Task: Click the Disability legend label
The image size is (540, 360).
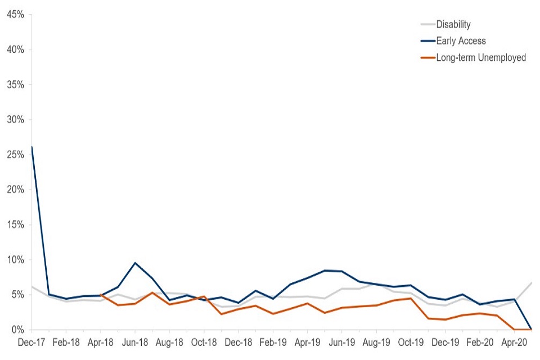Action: point(453,24)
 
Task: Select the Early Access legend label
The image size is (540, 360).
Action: point(461,40)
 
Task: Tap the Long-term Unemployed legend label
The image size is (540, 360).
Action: point(481,57)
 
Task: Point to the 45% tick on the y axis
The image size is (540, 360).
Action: point(15,15)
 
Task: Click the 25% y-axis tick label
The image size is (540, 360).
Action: point(15,155)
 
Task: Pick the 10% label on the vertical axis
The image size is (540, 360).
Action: point(15,260)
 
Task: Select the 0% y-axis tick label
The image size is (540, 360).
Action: point(17,330)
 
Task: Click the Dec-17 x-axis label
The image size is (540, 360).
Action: point(31,341)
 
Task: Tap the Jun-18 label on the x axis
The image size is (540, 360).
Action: point(135,341)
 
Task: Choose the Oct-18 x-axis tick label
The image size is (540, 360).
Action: point(204,341)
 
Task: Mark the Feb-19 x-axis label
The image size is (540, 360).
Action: point(273,341)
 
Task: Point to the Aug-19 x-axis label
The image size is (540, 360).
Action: point(376,341)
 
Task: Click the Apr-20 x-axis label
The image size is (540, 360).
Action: point(514,341)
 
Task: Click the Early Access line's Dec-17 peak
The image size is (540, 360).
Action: point(31,147)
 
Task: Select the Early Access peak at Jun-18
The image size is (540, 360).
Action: point(135,263)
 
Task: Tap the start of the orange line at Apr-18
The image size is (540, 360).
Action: point(101,295)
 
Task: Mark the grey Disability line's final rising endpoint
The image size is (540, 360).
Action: point(531,282)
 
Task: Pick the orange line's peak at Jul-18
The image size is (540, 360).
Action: point(152,292)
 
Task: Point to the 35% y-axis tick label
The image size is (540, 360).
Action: point(15,85)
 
